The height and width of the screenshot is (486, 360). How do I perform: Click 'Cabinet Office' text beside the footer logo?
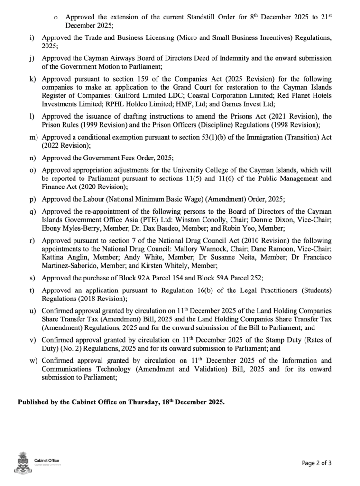(x=47, y=460)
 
